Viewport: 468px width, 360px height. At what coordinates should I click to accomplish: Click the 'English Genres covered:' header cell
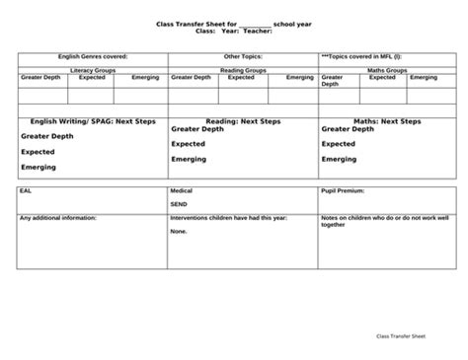pyautogui.click(x=93, y=57)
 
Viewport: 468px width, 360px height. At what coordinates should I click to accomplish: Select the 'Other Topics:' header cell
pyautogui.click(x=243, y=57)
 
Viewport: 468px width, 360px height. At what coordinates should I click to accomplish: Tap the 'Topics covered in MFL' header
pyautogui.click(x=363, y=57)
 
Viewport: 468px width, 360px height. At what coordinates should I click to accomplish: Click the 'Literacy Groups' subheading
pyautogui.click(x=93, y=70)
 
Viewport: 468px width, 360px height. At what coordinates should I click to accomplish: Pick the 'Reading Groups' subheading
pyautogui.click(x=243, y=70)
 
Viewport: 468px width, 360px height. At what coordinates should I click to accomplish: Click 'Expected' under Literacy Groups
pyautogui.click(x=92, y=77)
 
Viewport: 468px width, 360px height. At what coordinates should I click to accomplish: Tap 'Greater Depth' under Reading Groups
pyautogui.click(x=192, y=77)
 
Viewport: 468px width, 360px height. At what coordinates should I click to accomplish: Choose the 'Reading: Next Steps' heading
pyautogui.click(x=243, y=121)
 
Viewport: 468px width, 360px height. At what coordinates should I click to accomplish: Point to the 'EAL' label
pyautogui.click(x=26, y=191)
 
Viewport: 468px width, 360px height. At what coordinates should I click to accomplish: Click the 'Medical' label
pyautogui.click(x=183, y=191)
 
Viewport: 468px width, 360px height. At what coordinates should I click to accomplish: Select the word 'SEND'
pyautogui.click(x=180, y=204)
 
